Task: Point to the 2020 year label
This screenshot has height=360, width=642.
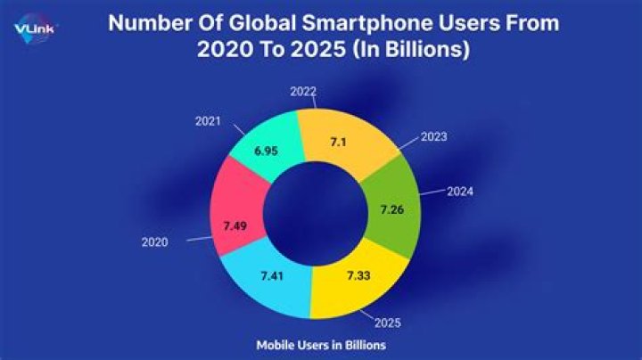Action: pos(155,241)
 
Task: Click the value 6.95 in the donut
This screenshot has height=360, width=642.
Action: pos(267,151)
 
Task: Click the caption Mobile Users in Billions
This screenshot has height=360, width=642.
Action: pos(320,343)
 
